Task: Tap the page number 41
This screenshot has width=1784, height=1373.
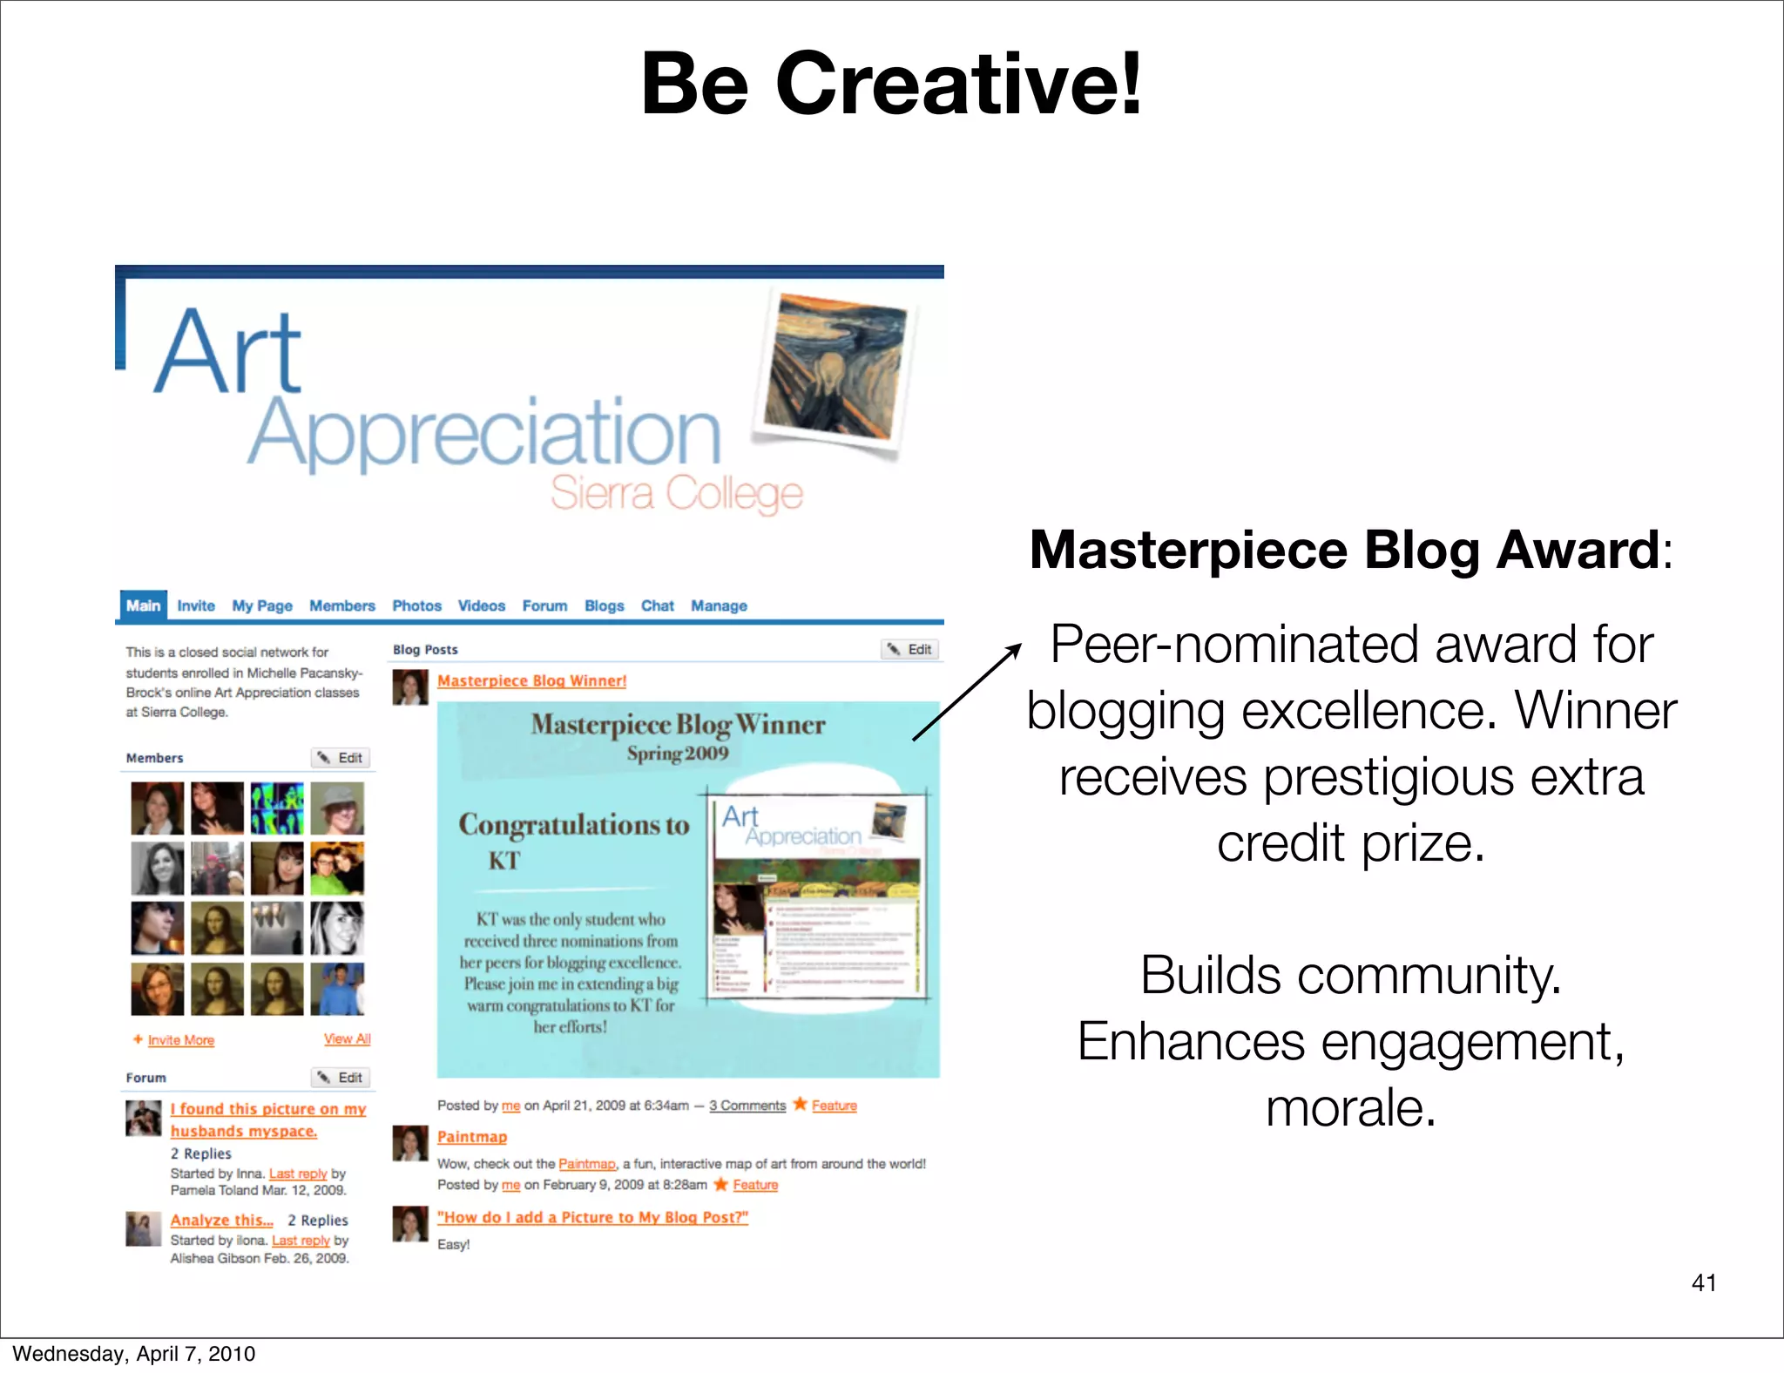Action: coord(1703,1282)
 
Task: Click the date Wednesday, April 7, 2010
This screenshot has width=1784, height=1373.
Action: coord(133,1353)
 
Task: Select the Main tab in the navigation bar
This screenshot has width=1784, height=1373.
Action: coord(143,605)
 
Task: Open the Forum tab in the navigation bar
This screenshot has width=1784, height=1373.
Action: coord(544,605)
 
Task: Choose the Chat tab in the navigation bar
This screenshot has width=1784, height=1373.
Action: coord(657,605)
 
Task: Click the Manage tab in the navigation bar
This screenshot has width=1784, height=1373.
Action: coord(719,605)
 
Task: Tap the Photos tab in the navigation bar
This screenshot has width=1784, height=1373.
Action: coord(416,605)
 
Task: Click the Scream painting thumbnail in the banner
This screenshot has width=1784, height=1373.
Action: coord(835,368)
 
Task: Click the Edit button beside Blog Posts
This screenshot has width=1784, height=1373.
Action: coord(910,649)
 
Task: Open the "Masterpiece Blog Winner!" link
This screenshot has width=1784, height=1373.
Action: coord(531,680)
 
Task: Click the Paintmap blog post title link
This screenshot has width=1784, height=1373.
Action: coord(471,1137)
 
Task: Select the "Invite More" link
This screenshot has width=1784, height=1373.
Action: coord(180,1040)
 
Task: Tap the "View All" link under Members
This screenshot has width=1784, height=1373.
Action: coord(347,1038)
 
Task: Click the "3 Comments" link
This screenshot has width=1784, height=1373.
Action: coord(747,1106)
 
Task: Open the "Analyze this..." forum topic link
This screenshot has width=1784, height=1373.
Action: coord(221,1220)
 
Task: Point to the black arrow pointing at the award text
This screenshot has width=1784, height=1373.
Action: coord(967,692)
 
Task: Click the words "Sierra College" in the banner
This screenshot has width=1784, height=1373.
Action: coord(676,493)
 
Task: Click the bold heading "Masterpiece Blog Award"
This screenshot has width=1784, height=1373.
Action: coord(1344,550)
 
